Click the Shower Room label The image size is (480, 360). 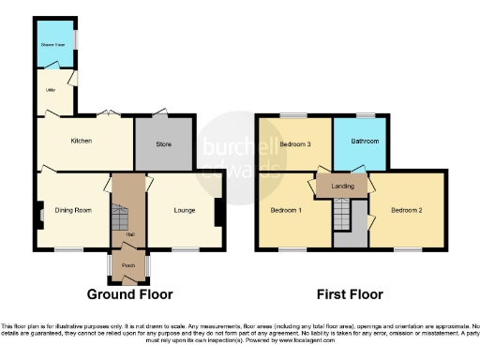52,44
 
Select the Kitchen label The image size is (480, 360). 82,141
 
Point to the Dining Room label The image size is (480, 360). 72,210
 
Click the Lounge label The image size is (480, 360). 184,210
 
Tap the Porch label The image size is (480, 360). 128,265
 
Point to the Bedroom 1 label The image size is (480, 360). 286,210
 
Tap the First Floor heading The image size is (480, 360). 350,293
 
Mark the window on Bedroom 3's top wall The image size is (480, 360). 286,115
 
